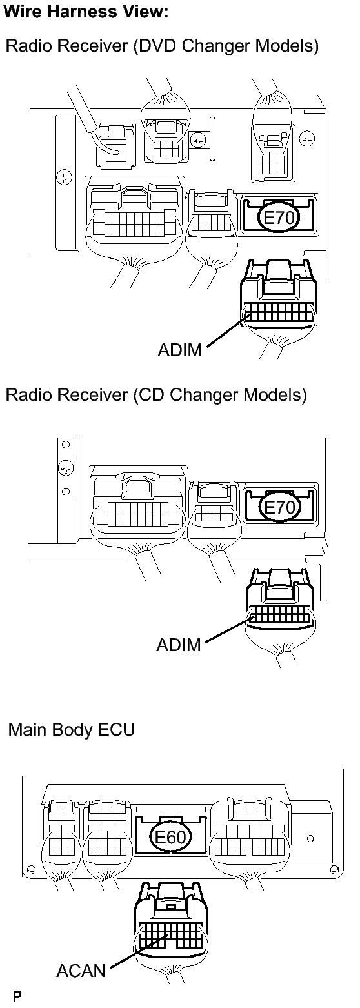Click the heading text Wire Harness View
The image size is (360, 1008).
point(86,12)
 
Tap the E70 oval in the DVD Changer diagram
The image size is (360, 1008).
point(279,218)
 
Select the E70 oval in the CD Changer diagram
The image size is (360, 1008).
point(279,508)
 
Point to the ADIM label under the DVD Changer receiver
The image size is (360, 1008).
point(180,350)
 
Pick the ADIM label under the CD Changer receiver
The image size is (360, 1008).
point(179,645)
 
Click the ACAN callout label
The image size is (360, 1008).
point(81,970)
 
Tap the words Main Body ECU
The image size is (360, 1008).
point(72,729)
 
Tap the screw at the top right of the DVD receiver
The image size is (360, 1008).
point(307,138)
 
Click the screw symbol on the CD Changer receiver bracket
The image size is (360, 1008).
point(66,468)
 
